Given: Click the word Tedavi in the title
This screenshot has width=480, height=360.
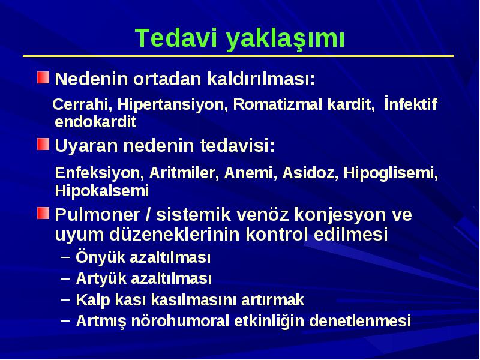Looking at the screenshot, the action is [x=176, y=38].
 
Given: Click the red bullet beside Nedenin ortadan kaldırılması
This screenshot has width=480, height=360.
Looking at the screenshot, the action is [x=43, y=77].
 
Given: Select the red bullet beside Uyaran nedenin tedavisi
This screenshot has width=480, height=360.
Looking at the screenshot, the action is [x=43, y=144].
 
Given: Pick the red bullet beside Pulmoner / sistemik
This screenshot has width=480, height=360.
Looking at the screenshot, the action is [x=43, y=213].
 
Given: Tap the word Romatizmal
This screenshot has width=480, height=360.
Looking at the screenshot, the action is [x=277, y=104].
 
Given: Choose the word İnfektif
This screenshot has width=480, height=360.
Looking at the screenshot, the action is [x=410, y=103].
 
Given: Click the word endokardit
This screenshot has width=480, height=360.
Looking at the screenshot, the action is [x=95, y=122].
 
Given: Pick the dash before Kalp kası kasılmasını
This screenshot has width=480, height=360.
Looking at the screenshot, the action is [x=65, y=299].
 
